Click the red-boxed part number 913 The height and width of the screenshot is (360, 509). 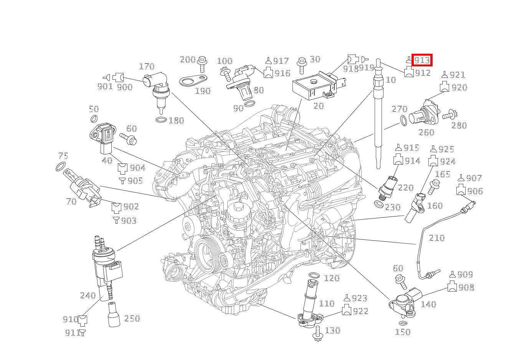421,60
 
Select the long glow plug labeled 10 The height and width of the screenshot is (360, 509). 378,115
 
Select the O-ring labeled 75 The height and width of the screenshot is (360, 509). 60,167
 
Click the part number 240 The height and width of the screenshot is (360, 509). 88,296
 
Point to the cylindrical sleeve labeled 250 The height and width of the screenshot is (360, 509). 114,315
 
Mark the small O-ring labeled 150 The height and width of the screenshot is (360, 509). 403,323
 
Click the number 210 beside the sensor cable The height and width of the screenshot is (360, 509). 436,238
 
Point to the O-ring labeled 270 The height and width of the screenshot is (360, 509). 403,121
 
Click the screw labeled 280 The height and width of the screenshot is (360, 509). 449,114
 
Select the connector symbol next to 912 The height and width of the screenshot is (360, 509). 409,72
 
